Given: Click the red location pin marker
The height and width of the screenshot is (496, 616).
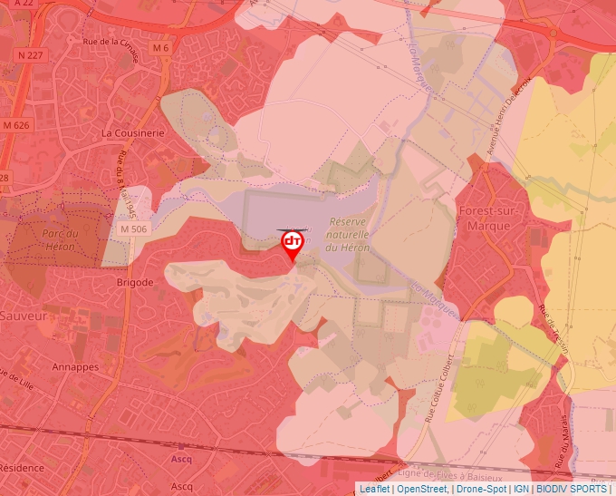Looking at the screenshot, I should click(292, 243).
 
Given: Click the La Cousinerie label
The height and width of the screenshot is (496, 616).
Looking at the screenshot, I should click(133, 132).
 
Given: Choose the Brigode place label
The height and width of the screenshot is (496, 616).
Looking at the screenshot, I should click(135, 283).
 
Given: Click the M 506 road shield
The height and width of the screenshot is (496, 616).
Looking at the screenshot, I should click(132, 230).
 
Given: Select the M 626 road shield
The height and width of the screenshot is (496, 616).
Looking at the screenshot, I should click(16, 124).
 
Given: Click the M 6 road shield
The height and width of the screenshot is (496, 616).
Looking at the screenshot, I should click(160, 47).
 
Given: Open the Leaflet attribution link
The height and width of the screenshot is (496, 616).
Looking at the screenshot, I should click(374, 489).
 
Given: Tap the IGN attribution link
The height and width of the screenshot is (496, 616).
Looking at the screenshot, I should click(521, 489).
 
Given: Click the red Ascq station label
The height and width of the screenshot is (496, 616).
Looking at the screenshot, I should click(181, 459).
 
